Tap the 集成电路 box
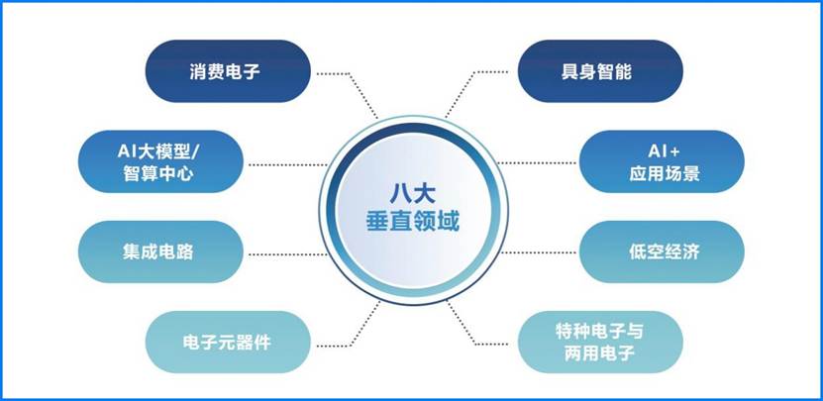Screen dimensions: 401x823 [x=160, y=252]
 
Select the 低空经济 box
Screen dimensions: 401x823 [x=663, y=252]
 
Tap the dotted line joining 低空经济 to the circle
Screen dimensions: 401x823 [x=540, y=252]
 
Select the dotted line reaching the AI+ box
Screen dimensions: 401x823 [x=540, y=163]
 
